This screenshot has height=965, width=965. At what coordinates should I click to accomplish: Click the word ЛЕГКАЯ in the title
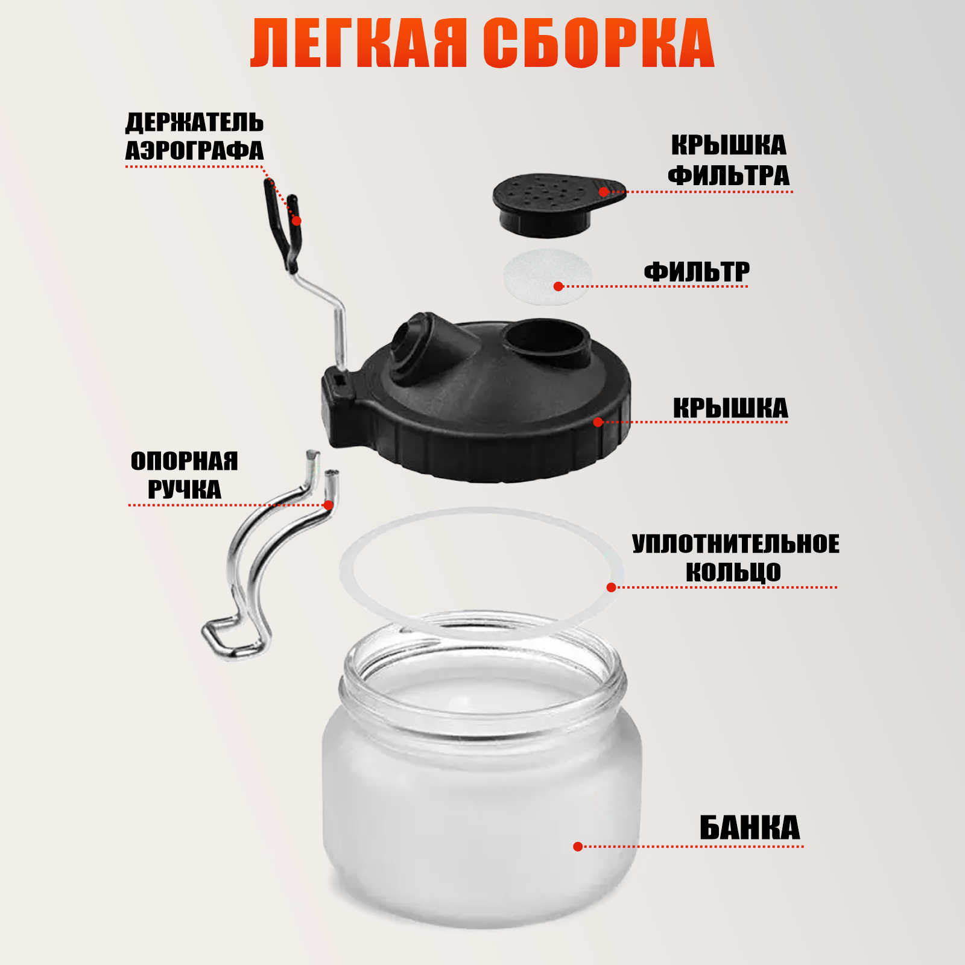pos(359,43)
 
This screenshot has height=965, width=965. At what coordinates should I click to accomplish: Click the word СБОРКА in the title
pos(598,43)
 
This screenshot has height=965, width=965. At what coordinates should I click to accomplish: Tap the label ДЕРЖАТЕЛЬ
pos(194,123)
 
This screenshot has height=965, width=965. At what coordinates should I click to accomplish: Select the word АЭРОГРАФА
pos(194,151)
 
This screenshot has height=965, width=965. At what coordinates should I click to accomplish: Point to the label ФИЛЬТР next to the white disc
pos(697,272)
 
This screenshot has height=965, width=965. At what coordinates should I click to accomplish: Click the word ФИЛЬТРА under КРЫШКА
pos(729,176)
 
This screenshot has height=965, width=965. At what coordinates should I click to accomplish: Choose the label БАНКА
pos(749,828)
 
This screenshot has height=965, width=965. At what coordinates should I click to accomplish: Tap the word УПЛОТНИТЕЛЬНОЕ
pos(735,544)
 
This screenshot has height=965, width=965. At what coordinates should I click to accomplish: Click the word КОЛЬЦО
pos(733,572)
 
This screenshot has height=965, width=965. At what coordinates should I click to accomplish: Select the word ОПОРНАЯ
pos(184,461)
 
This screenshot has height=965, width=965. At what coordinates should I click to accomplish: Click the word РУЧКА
pos(184,490)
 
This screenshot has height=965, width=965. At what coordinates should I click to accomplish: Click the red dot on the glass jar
pos(578,847)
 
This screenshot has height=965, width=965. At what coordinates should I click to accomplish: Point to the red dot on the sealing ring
pos(611,587)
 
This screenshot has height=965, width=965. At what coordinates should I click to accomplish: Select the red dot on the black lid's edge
pos(598,422)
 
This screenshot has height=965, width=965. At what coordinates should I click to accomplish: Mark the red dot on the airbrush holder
pos(296,221)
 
